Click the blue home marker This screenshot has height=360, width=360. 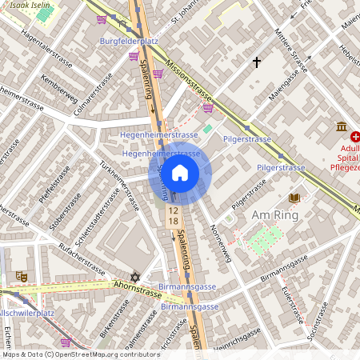click(180, 172)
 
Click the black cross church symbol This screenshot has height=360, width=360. click(257, 62)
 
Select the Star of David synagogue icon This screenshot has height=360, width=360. click(135, 277)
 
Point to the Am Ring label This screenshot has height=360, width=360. click(274, 215)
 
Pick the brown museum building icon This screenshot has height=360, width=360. click(342, 127)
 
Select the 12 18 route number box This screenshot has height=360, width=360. click(173, 214)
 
